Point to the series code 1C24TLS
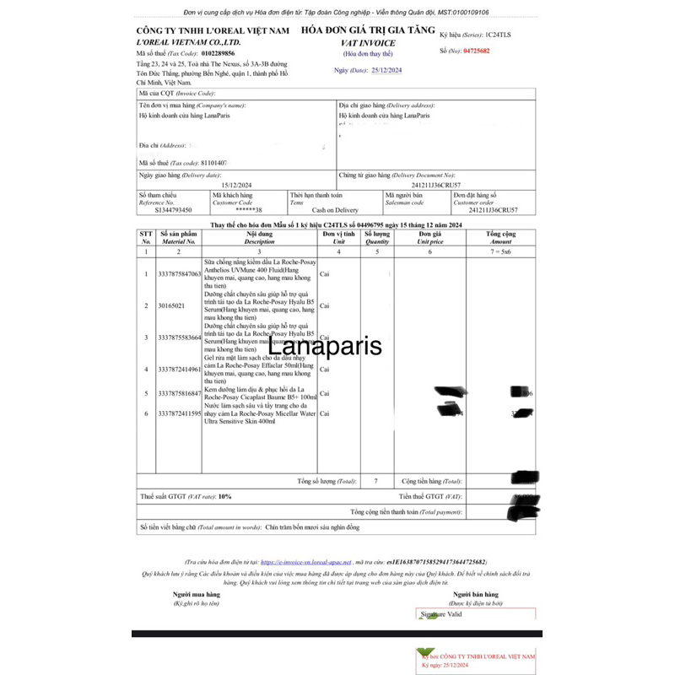click(x=505, y=36)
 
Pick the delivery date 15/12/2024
click(x=237, y=184)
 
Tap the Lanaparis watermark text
click(x=336, y=346)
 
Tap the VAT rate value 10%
click(x=224, y=497)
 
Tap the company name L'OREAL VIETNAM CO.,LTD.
click(x=188, y=41)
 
